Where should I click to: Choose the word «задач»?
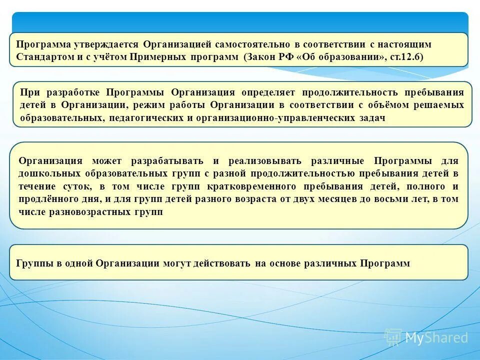pos(373,117)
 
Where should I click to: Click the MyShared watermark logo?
pos(426,337)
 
